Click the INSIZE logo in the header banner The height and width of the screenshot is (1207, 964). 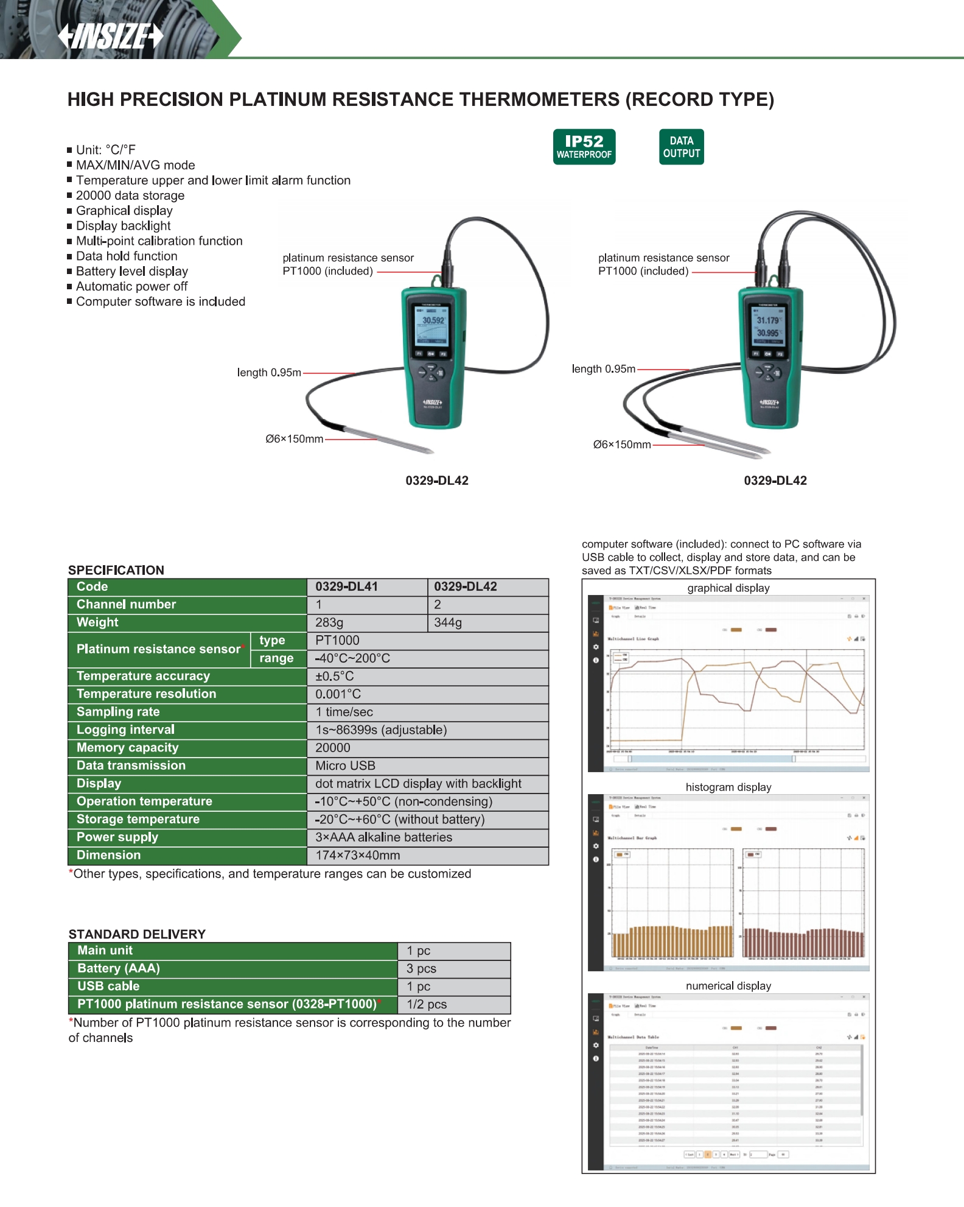pos(111,36)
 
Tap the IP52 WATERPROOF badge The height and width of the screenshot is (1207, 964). pos(584,147)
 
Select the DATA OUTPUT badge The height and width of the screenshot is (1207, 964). pos(681,147)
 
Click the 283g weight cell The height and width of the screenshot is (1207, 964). pos(329,622)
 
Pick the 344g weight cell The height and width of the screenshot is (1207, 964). pos(448,622)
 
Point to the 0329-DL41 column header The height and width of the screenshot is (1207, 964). pos(346,586)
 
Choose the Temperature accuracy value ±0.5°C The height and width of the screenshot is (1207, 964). pos(335,676)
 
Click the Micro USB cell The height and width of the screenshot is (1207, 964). pos(345,765)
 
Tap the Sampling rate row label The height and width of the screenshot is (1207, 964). pos(118,712)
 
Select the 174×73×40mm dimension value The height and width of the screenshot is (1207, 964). pos(358,855)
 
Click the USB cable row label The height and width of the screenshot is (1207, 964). pos(108,986)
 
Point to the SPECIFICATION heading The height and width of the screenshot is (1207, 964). pos(116,570)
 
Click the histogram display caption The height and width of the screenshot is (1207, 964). pos(728,787)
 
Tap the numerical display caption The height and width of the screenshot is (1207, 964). pos(728,986)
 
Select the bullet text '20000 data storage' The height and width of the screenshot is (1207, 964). pos(130,195)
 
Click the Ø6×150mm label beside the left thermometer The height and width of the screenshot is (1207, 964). pos(295,439)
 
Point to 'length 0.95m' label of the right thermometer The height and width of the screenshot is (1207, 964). pos(603,369)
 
